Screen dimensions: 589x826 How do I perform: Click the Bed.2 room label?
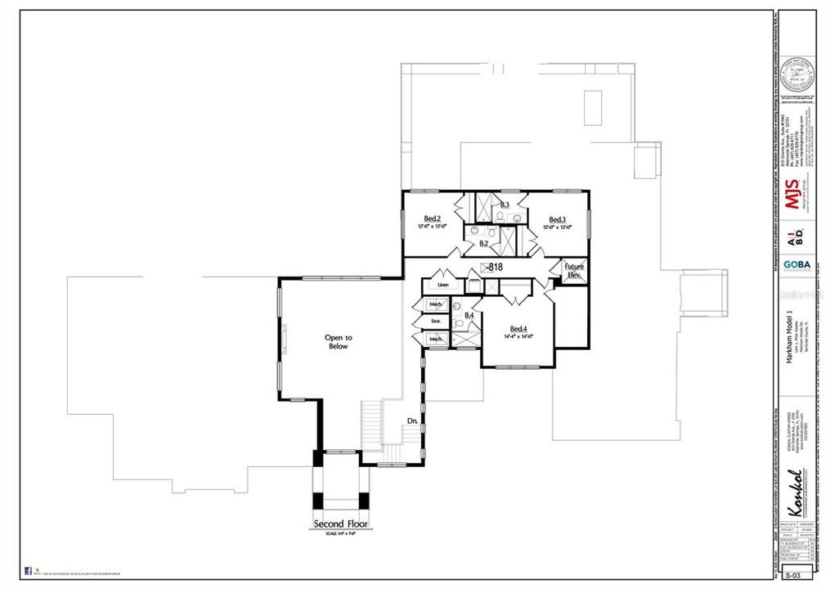(433, 218)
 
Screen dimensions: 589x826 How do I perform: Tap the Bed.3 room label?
(558, 219)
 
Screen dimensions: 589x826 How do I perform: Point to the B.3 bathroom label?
(505, 205)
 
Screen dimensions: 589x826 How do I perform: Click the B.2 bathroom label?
(483, 243)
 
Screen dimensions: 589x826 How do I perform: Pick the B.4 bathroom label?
(469, 315)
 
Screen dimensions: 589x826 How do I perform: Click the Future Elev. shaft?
(572, 271)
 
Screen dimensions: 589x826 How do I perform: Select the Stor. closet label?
(436, 322)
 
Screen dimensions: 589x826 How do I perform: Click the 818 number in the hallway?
(495, 268)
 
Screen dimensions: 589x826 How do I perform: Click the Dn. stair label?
(413, 421)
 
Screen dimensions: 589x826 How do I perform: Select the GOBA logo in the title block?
(792, 267)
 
